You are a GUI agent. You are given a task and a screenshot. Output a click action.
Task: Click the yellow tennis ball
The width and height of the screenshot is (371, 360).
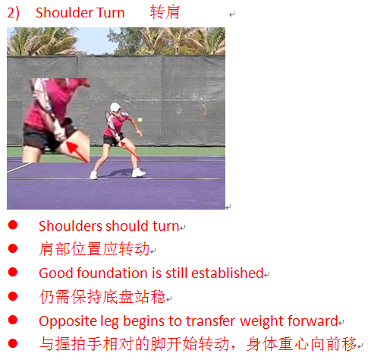click(140, 120)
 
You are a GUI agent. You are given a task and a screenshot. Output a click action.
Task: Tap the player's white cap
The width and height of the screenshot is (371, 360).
click(115, 107)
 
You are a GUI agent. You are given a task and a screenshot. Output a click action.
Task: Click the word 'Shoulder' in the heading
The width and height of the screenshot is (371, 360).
click(64, 13)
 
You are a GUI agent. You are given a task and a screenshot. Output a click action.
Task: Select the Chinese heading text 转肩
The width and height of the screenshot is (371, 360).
click(165, 12)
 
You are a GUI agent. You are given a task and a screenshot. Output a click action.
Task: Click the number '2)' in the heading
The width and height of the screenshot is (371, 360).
click(13, 13)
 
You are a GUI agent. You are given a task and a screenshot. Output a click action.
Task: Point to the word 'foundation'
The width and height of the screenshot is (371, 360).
click(112, 273)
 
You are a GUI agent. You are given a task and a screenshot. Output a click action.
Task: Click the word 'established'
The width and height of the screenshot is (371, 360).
click(228, 273)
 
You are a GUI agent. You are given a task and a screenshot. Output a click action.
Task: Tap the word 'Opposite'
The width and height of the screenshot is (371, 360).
click(68, 321)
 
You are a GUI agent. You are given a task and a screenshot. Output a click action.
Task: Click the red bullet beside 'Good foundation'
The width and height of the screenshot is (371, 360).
click(13, 272)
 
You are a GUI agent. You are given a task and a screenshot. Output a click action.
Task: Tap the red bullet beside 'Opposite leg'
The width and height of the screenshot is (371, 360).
click(13, 320)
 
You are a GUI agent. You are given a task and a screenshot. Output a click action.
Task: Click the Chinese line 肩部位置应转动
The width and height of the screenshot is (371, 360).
click(94, 249)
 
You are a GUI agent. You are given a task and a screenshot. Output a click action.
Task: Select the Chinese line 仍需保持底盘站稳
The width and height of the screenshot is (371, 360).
click(102, 296)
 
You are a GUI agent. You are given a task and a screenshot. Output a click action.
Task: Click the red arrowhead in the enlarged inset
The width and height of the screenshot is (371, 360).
click(71, 147)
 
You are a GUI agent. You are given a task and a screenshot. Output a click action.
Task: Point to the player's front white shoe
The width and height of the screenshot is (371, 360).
click(138, 172)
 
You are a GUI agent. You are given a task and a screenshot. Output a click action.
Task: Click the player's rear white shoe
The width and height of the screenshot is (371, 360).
click(93, 175)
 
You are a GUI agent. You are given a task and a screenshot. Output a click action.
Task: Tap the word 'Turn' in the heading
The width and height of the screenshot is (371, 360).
click(111, 13)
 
